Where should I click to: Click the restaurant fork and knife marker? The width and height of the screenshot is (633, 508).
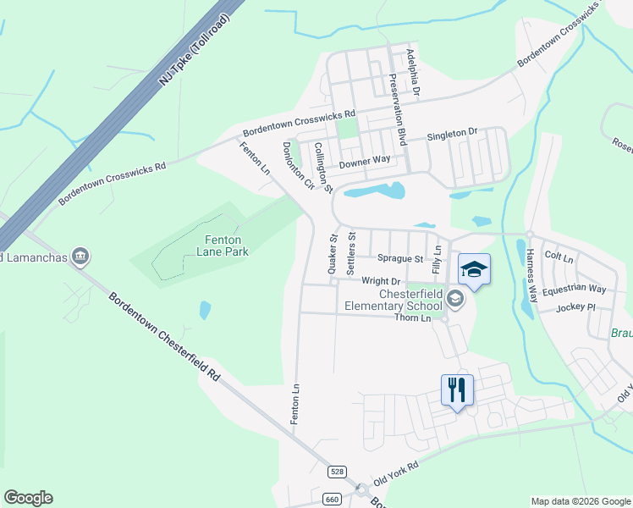pos(457,390)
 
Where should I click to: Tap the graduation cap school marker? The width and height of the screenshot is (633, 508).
pos(474,270)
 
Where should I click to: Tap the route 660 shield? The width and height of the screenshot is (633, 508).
pos(331,500)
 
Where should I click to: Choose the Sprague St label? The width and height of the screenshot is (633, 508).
pos(400,258)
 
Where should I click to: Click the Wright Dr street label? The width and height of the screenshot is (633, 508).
pos(380,281)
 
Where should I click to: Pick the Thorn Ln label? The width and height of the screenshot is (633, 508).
pos(413,317)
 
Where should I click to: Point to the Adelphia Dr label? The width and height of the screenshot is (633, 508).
pos(412,71)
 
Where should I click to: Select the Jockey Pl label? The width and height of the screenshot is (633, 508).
pos(576,307)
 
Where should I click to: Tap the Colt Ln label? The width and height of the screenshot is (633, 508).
pos(559,255)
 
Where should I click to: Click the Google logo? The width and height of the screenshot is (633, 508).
pos(28,498)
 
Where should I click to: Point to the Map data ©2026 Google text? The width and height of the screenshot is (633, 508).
pos(580,501)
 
